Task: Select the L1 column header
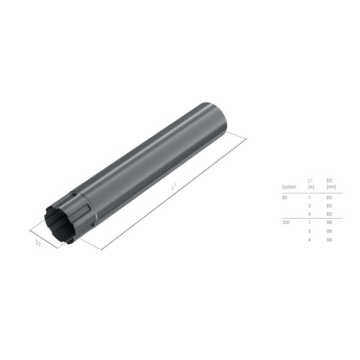pos(310,181)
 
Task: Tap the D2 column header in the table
pos(330,181)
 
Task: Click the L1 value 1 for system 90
pos(310,196)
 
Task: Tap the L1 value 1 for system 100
pos(310,221)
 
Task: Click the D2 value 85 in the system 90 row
pos(330,196)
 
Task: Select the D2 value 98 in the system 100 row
pos(330,221)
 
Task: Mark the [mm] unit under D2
pos(330,187)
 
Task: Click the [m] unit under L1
pos(310,187)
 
